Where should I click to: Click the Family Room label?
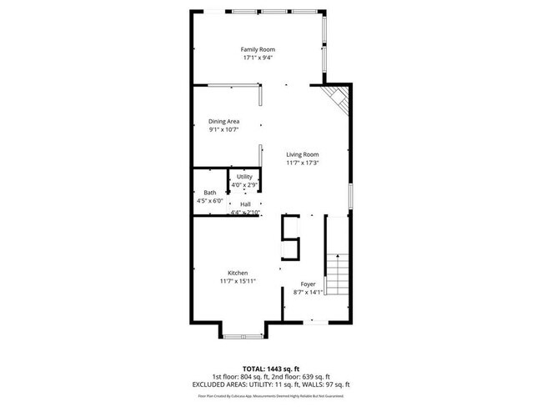(258, 50)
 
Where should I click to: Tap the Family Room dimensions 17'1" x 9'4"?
(258, 58)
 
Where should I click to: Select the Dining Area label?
(223, 121)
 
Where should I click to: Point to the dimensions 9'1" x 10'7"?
(223, 129)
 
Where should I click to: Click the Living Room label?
(303, 154)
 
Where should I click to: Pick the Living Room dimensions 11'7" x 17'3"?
(303, 163)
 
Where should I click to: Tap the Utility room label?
(244, 177)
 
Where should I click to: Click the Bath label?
(209, 193)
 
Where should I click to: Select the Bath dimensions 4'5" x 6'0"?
(209, 201)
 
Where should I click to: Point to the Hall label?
(245, 204)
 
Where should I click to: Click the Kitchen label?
(238, 273)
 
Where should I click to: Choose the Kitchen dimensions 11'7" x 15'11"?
(238, 281)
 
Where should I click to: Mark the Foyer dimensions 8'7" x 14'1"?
(308, 292)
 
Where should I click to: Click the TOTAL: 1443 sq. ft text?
(271, 368)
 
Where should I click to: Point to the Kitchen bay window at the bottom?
(243, 335)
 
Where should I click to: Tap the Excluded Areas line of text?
(271, 384)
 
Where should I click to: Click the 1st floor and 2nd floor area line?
(271, 376)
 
